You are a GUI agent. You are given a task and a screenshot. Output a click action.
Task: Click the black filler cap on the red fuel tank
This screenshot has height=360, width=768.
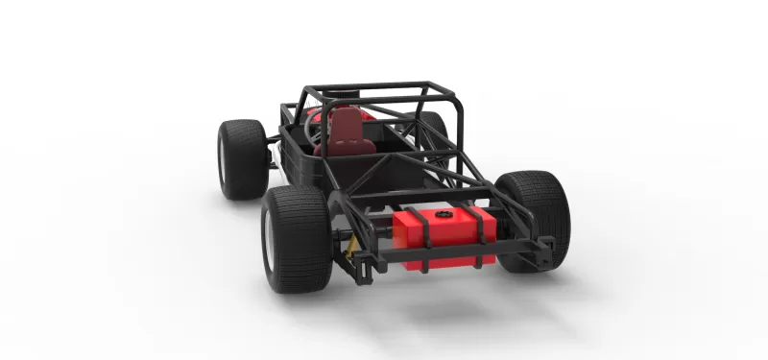pyautogui.click(x=444, y=216)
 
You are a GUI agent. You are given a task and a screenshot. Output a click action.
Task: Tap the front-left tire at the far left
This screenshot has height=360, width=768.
pyautogui.click(x=241, y=157)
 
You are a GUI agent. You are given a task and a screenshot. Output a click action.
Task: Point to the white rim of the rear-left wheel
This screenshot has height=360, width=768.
pyautogui.click(x=271, y=246)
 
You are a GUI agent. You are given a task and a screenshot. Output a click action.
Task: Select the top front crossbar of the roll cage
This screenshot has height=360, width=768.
pyautogui.click(x=365, y=87)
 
